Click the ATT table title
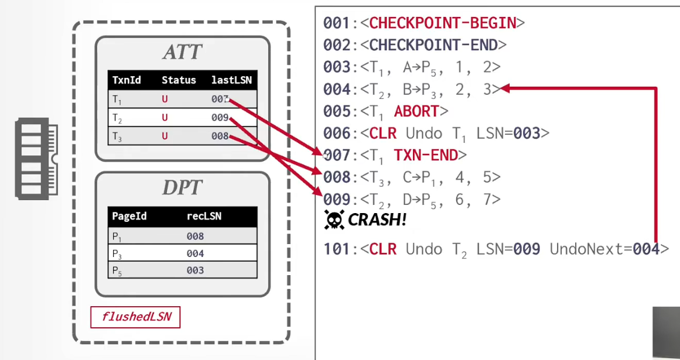pos(182,53)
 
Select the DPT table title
pos(182,187)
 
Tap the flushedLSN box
pos(135,317)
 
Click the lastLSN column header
pos(231,80)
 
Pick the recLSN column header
pos(204,216)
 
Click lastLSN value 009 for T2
pos(220,118)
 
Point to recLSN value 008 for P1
pos(195,236)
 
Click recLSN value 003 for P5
pos(195,270)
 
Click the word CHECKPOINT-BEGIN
pos(443,22)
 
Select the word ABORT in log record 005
pos(416,111)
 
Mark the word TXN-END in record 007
pos(426,155)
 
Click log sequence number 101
pos(337,249)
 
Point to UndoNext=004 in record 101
pos(604,249)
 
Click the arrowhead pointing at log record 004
pos(505,88)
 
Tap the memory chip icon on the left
pos(36,159)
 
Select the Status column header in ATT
pos(179,80)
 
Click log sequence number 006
pos(337,133)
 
